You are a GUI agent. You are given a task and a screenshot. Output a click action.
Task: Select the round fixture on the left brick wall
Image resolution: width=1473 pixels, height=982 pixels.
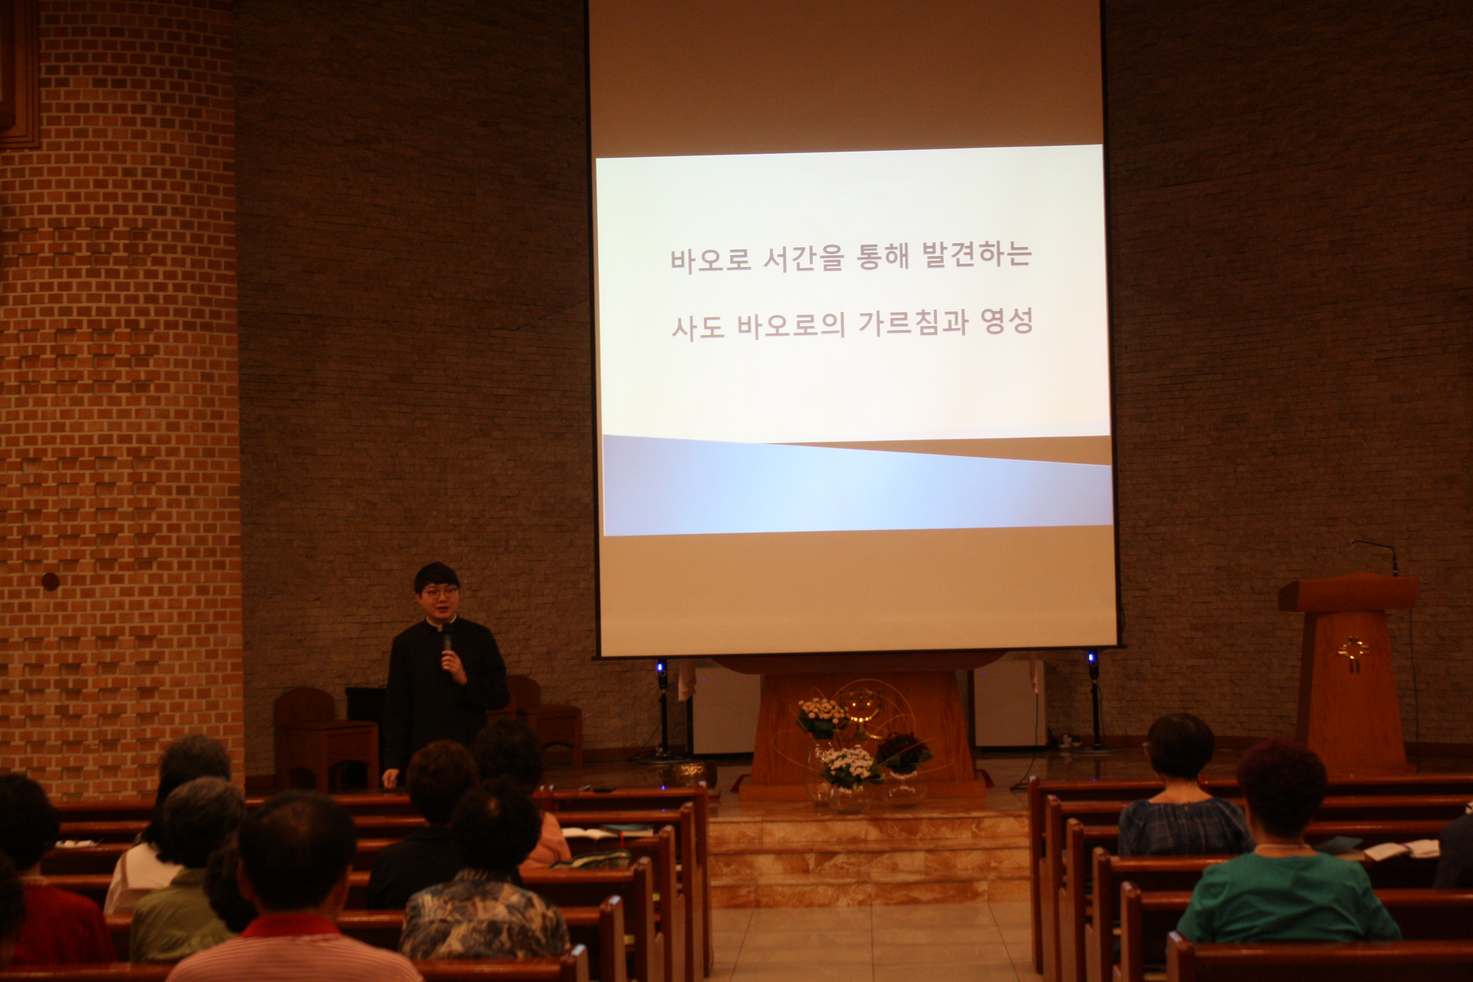coord(50,581)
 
